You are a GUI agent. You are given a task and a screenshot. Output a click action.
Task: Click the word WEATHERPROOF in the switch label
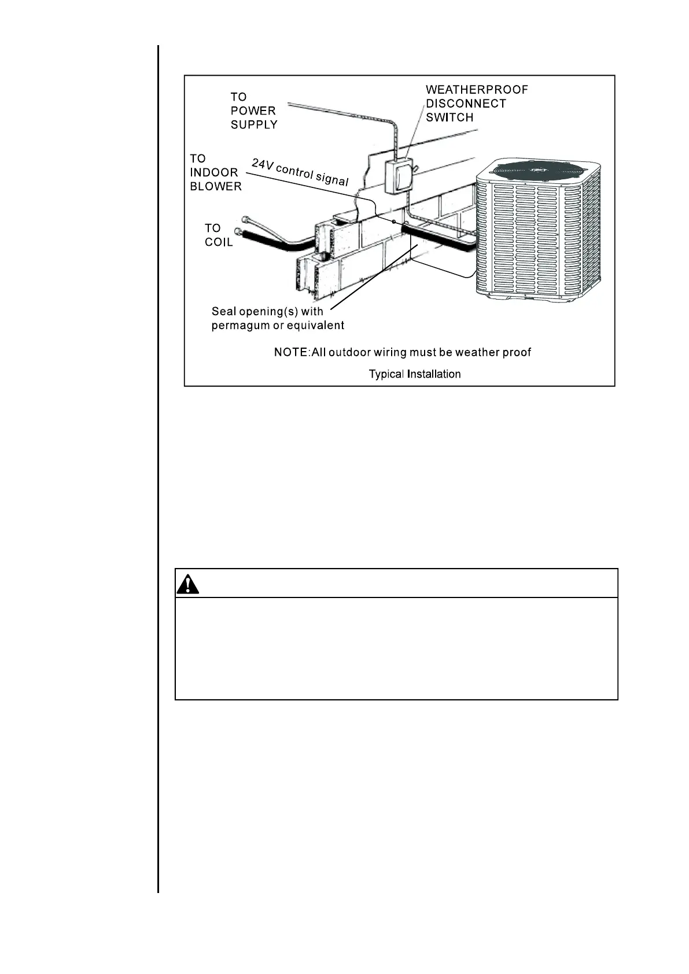point(477,90)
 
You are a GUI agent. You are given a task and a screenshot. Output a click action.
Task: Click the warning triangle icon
point(187,585)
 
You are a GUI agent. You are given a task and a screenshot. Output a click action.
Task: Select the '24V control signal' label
point(300,172)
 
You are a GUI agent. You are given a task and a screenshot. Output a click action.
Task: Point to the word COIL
point(219,242)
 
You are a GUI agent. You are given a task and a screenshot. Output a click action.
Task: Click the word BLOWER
point(215,186)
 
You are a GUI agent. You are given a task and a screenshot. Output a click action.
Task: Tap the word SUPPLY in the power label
point(254,124)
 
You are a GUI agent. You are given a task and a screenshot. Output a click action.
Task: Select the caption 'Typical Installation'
point(415,374)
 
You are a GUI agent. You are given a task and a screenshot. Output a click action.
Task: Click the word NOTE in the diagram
point(291,352)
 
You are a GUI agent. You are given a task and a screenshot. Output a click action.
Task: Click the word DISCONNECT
point(466,104)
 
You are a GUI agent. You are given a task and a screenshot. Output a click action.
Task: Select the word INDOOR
point(213,172)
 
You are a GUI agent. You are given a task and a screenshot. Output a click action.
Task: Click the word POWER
point(253,110)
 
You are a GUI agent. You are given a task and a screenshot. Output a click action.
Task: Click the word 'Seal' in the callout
point(224,312)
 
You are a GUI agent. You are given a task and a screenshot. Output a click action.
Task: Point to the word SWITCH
point(449,117)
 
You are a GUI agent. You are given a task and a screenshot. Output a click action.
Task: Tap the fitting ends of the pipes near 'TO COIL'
point(242,227)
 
